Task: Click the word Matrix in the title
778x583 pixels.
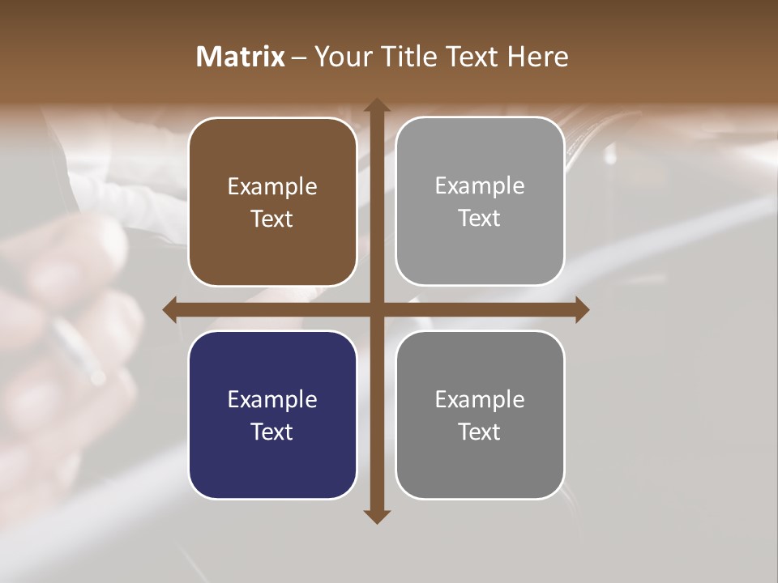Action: (241, 57)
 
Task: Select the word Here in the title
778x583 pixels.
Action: (538, 57)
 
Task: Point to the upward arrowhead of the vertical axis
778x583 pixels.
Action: (376, 106)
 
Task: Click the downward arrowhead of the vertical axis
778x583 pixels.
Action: (376, 516)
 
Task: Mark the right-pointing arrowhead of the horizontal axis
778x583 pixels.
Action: (581, 309)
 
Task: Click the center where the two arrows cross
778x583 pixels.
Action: (376, 309)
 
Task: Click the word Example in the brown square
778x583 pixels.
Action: (272, 187)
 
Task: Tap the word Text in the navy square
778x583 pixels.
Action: (272, 432)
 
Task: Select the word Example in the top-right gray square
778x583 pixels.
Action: (480, 186)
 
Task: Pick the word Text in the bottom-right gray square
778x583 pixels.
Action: (480, 432)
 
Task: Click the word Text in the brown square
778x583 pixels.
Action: (272, 219)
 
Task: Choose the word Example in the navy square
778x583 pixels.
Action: (272, 399)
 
